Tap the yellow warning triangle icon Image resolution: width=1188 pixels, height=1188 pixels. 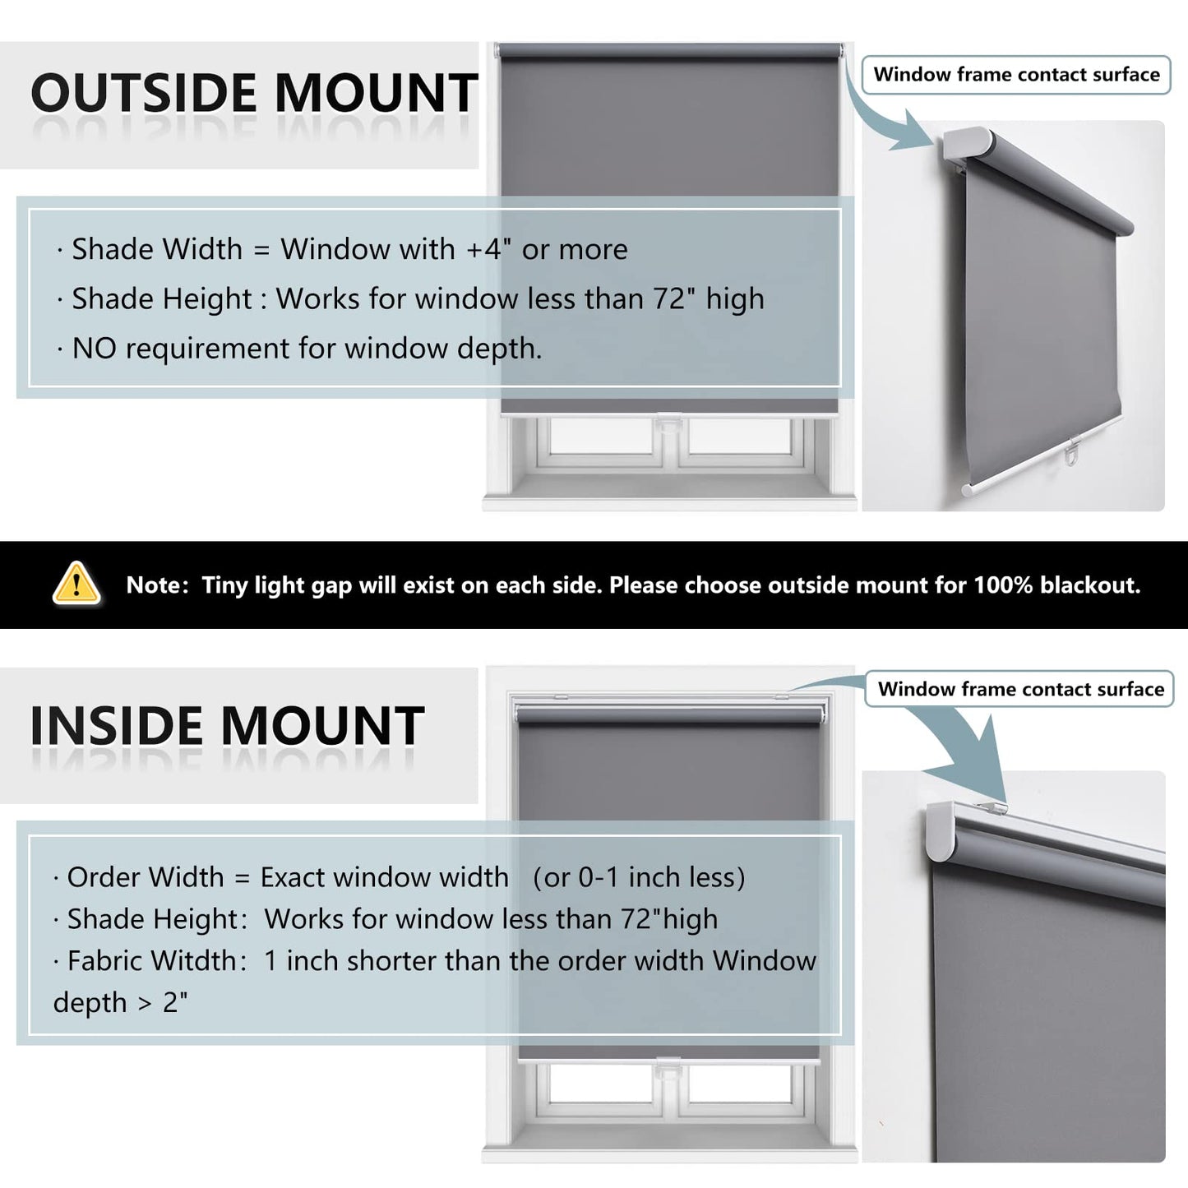click(76, 583)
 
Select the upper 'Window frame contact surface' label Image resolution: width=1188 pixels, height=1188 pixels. click(1016, 75)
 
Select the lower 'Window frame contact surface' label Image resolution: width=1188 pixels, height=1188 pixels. click(1020, 688)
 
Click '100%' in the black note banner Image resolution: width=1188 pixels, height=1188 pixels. click(1003, 585)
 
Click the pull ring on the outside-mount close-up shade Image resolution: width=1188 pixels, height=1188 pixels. click(1072, 457)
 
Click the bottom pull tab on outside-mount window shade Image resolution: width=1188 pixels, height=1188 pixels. click(669, 423)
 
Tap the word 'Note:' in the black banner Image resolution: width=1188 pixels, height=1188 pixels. click(158, 585)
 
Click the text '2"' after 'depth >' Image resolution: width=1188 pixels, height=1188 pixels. click(175, 1002)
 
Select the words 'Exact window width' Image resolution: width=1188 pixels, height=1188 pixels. click(384, 876)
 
